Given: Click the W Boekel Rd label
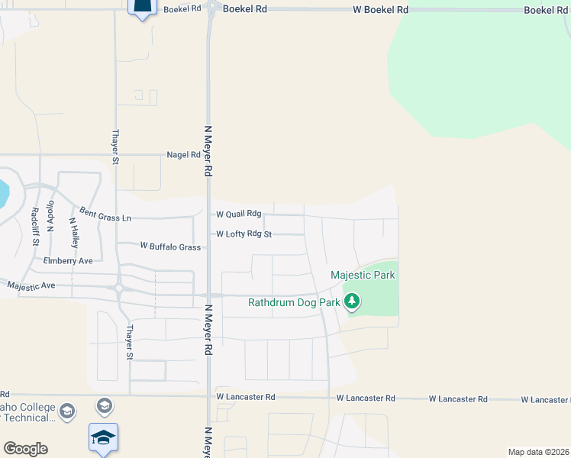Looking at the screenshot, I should [x=380, y=9].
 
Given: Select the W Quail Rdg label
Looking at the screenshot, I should [x=238, y=214].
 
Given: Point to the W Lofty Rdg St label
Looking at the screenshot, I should [x=244, y=234].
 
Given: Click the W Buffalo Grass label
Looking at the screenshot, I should [x=170, y=247].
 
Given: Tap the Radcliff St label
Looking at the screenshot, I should [x=35, y=227].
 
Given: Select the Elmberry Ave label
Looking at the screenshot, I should [x=68, y=260].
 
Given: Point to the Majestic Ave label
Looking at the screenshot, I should [x=31, y=285].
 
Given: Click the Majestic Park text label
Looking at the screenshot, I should [x=363, y=275].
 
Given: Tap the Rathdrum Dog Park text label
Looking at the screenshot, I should [x=292, y=302].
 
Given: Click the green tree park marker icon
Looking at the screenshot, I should [x=352, y=302].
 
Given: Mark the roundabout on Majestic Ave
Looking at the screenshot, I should [x=119, y=289].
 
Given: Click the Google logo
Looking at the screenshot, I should [x=25, y=449].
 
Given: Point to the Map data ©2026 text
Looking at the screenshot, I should [x=538, y=452].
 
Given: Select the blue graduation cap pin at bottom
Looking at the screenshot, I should [x=104, y=438].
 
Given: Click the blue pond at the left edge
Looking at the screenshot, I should [x=3, y=194].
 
